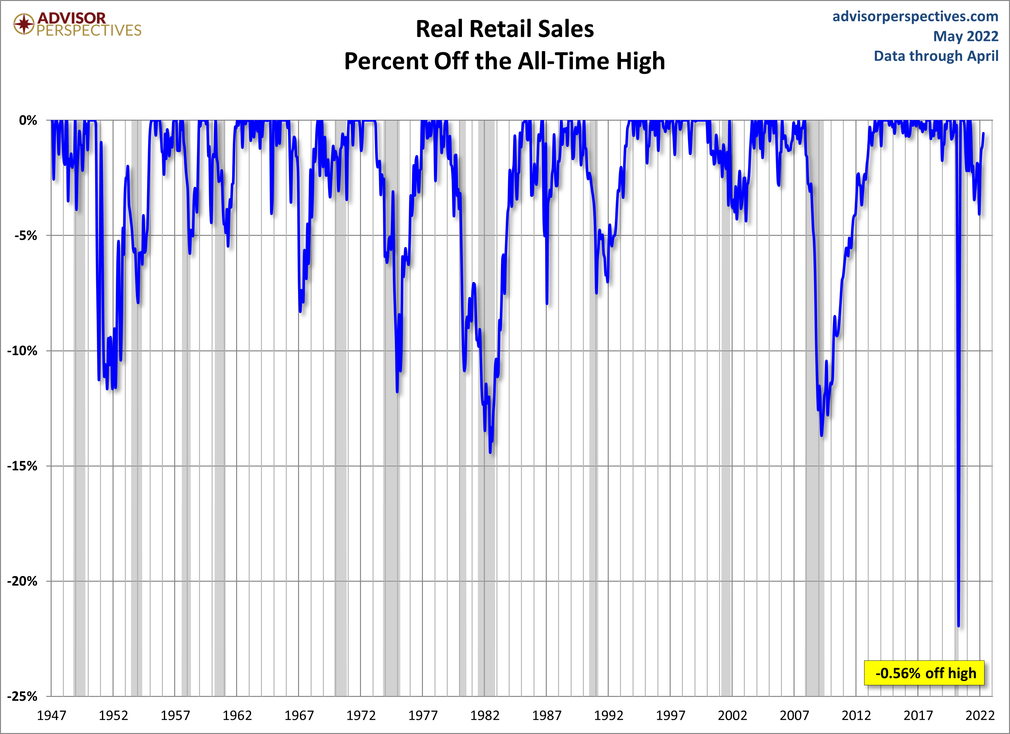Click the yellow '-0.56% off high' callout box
pos(924,673)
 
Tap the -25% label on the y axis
pos(22,696)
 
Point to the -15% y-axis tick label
pos(22,466)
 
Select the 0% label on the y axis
pos(28,120)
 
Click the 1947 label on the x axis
pos(51,715)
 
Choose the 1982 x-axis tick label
pos(485,715)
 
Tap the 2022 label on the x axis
pos(980,715)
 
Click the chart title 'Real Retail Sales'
pos(505,29)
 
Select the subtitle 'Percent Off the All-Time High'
pos(505,61)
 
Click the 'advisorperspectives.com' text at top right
pos(915,16)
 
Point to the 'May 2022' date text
pos(965,36)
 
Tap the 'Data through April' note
pos(936,56)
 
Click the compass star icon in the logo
pos(24,24)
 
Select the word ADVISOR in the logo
pos(72,18)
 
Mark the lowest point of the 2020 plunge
pos(958,626)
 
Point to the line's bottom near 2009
pos(821,436)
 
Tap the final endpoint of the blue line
pos(983,133)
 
